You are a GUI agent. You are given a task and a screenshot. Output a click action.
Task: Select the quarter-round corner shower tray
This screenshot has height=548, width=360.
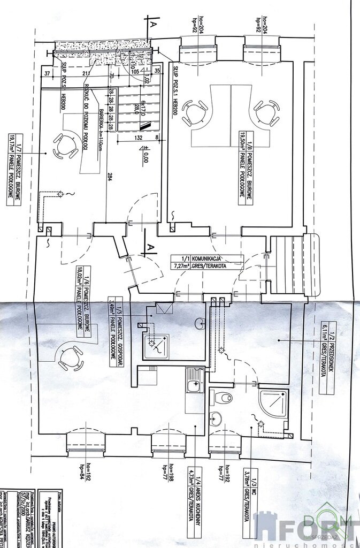point(273,404)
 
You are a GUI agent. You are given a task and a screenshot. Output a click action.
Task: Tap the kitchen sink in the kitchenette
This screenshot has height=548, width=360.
point(195,380)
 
